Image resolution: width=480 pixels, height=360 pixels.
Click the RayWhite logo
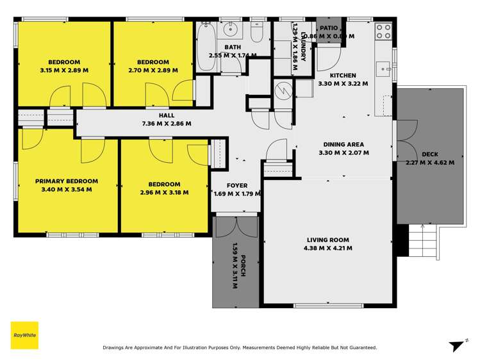pos(24,335)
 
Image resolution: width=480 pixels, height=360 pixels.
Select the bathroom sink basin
pos(231,29)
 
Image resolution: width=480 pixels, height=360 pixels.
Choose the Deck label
pos(430,154)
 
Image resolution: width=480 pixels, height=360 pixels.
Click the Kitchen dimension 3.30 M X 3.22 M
pos(343,83)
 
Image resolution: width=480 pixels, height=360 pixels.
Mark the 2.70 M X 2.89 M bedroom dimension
pos(153,70)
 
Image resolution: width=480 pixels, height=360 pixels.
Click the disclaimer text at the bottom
pos(240,348)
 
